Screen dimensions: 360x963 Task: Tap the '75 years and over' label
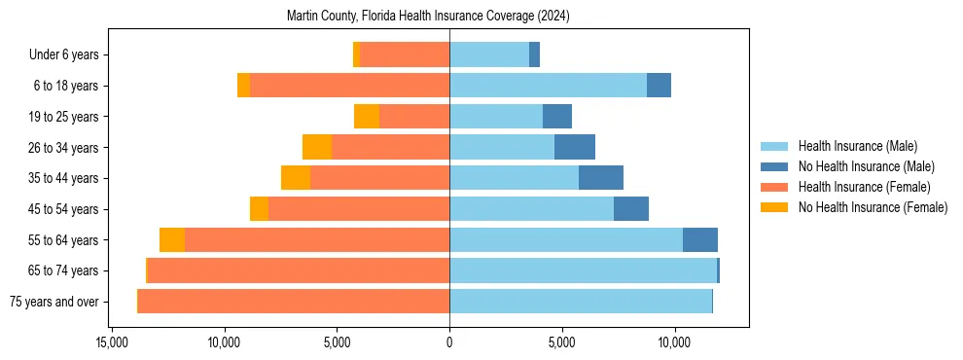[54, 302]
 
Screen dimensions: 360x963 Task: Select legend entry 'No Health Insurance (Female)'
[873, 207]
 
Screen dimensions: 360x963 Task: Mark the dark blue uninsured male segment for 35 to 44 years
[601, 178]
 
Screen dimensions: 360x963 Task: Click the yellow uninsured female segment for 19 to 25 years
[367, 117]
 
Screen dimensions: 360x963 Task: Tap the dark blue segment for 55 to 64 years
[700, 239]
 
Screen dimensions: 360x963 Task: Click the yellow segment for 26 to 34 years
[317, 147]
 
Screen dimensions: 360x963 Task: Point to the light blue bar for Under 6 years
[489, 55]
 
